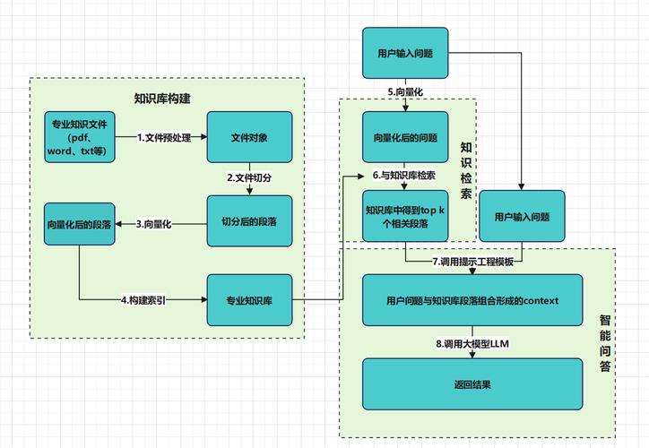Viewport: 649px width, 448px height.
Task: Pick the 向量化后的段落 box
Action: (79, 224)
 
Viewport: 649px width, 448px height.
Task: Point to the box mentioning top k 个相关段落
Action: (405, 216)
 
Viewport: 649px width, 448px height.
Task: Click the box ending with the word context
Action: (472, 300)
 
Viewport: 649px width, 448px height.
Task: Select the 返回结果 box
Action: (472, 384)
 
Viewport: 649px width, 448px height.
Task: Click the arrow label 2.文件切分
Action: (249, 178)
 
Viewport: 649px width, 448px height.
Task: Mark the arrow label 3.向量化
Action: (153, 224)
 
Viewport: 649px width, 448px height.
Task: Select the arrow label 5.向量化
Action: (405, 91)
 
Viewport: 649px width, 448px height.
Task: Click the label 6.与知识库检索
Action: (404, 176)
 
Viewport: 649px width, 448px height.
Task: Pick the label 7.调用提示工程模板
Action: (472, 262)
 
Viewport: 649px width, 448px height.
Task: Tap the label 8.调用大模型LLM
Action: (472, 343)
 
